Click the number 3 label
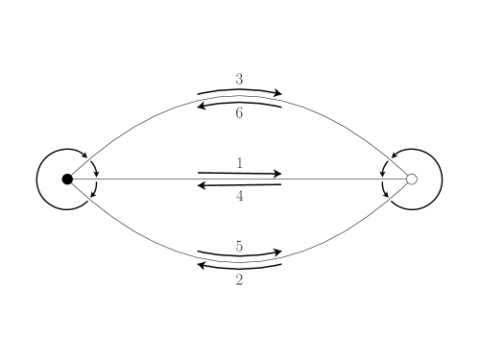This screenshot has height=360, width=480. [239, 79]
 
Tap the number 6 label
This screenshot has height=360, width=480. [239, 112]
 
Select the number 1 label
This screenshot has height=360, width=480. [239, 163]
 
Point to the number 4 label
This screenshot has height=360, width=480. [239, 196]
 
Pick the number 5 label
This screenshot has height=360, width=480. [239, 247]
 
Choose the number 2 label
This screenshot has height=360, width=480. [239, 280]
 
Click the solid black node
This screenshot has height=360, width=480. [67, 180]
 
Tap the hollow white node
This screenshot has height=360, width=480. [412, 180]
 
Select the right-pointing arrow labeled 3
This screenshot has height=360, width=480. [239, 91]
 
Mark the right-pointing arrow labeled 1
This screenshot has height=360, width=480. [239, 174]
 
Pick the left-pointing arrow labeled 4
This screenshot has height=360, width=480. [239, 184]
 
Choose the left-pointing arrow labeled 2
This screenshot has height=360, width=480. [239, 267]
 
